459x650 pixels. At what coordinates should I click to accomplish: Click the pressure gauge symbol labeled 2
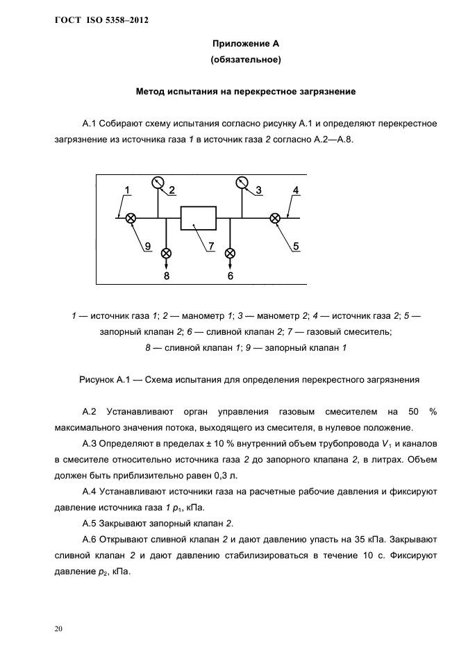point(158,183)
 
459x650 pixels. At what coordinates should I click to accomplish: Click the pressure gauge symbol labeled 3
point(242,183)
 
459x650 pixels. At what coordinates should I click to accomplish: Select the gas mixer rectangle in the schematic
point(199,218)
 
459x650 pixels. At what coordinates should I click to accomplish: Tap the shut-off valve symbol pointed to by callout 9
point(130,218)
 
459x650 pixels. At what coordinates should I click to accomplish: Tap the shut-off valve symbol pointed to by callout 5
point(275,218)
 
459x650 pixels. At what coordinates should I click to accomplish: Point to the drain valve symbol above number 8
point(166,253)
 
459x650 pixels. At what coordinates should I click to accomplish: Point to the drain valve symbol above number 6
point(231,253)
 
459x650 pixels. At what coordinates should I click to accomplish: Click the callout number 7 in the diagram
point(210,245)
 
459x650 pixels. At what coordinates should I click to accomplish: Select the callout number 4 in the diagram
point(296,190)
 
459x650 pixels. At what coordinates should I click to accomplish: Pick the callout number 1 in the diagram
point(128,190)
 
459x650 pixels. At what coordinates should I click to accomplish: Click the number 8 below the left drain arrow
point(167,276)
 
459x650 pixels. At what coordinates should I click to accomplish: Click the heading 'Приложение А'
point(245,44)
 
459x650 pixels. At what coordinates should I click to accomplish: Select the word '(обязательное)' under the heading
point(245,60)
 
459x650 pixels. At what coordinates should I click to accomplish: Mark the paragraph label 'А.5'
point(91,523)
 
